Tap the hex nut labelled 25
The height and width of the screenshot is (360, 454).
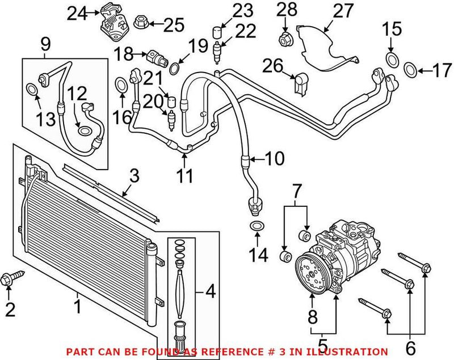pyautogui.click(x=140, y=23)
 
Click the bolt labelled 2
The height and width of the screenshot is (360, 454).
pyautogui.click(x=11, y=278)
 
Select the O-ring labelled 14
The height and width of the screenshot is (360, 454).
pyautogui.click(x=257, y=227)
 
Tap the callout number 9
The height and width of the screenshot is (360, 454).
pyautogui.click(x=45, y=43)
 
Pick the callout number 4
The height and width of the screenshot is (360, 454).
pyautogui.click(x=209, y=293)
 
